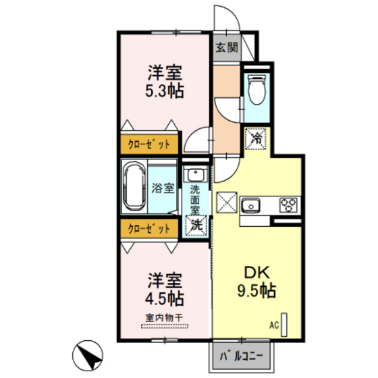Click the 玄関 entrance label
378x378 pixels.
(x=227, y=47)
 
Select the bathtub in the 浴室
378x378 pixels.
(x=134, y=186)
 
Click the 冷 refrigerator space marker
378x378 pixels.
(x=256, y=138)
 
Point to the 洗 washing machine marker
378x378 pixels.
(x=196, y=225)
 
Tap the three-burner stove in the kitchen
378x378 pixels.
(x=288, y=205)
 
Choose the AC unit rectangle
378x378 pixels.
(x=284, y=325)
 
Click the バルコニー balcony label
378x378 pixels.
(x=241, y=356)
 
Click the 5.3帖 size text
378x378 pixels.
(x=165, y=91)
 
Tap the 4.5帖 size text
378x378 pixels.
(x=165, y=298)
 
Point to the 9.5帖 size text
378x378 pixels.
(x=256, y=290)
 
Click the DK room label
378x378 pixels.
(x=256, y=273)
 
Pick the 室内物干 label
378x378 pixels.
(x=164, y=318)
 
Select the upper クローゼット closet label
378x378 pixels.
(x=149, y=144)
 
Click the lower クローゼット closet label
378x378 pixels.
(x=149, y=229)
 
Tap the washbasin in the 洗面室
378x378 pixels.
(x=196, y=174)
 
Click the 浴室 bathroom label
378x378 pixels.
(x=163, y=188)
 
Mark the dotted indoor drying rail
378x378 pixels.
(x=165, y=327)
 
